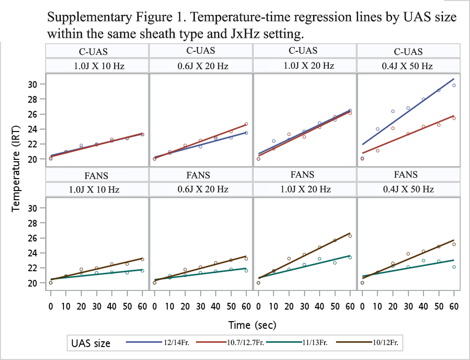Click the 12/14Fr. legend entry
tap(157, 342)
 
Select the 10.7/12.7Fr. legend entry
tap(230, 342)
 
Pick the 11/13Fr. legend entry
tap(297, 342)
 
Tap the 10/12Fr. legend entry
tap(367, 342)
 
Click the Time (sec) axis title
tap(252, 325)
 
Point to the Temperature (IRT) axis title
tap(15, 168)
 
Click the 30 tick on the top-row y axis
tap(32, 84)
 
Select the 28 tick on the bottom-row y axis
tap(32, 223)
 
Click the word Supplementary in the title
tap(89, 17)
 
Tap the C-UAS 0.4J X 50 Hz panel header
tap(408, 59)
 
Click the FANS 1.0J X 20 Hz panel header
tap(304, 182)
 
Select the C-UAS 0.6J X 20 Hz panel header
tap(201, 59)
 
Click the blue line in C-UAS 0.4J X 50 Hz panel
tap(408, 111)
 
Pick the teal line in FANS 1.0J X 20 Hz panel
tap(304, 267)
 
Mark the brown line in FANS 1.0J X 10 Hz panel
tap(96, 269)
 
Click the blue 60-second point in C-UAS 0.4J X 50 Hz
tap(454, 85)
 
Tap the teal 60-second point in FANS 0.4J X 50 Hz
tap(454, 267)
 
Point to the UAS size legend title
tap(91, 343)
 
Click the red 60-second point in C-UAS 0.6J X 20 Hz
tap(246, 124)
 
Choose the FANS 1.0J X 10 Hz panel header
tap(97, 182)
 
